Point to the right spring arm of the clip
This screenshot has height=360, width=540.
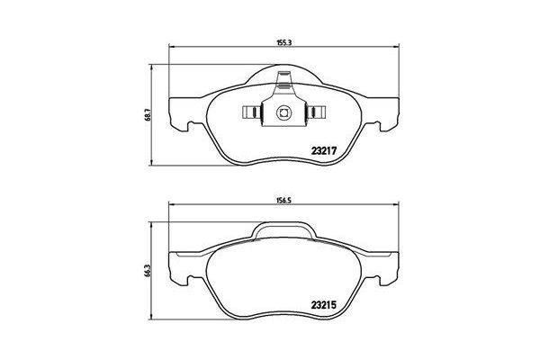(x=314, y=113)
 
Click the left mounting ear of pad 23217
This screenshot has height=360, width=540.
(x=184, y=112)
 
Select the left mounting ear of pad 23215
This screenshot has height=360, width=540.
(x=184, y=265)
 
